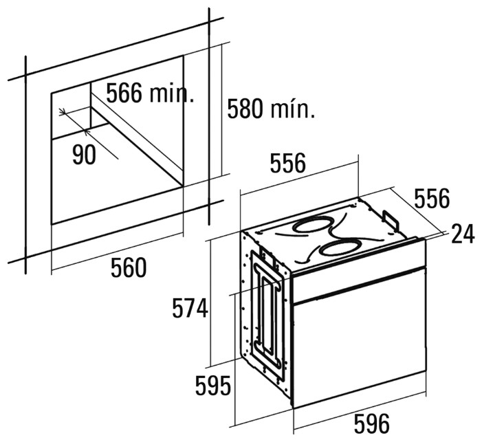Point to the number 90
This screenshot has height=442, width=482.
(x=84, y=155)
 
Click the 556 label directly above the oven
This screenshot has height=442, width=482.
(x=287, y=164)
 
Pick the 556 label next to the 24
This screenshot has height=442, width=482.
(x=431, y=199)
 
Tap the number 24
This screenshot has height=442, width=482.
(x=462, y=234)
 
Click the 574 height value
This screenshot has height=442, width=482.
(x=189, y=309)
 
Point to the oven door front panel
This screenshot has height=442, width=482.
(x=358, y=344)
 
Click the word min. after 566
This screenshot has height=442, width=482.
(x=170, y=94)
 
